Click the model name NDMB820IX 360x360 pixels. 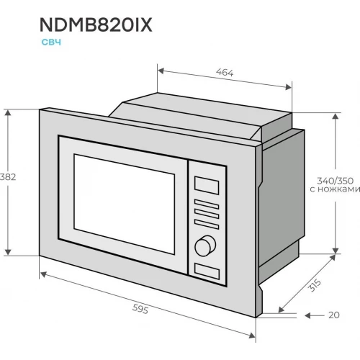point(96,25)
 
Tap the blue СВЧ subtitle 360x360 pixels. point(51,42)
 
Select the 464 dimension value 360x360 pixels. point(225,72)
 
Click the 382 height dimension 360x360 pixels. point(8,177)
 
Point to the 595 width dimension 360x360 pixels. point(140,309)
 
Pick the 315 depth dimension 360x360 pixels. point(315,285)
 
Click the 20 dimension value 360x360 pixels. point(334,315)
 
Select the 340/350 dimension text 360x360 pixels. point(335,181)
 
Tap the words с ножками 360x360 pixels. point(335,189)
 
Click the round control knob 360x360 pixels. point(205,246)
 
